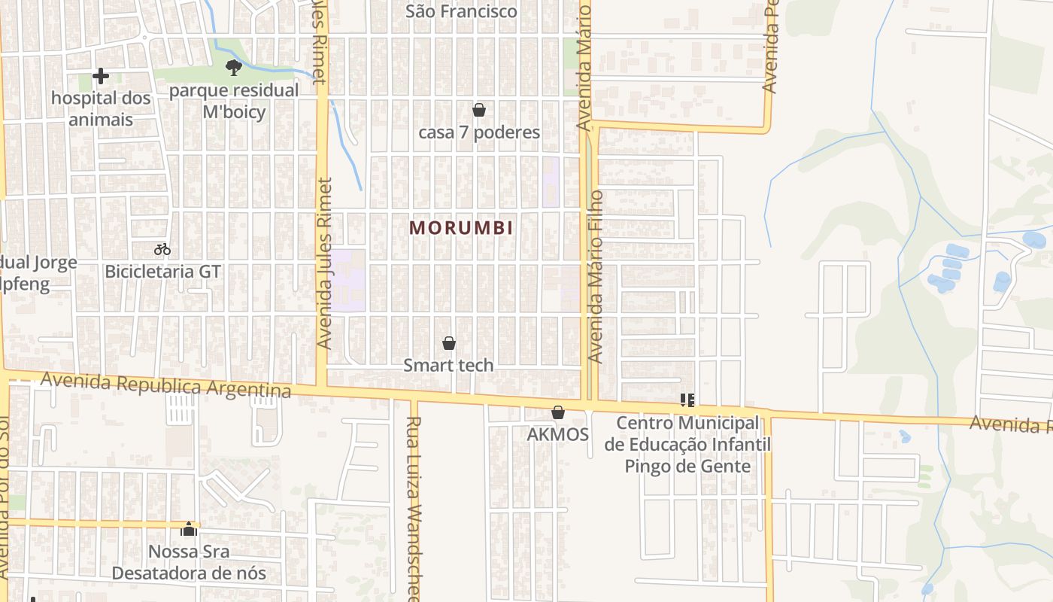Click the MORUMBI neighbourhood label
462,228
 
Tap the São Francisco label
461,11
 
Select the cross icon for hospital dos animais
100,76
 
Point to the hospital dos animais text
101,108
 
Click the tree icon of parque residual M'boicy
234,68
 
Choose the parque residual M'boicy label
234,101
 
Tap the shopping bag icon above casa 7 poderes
479,110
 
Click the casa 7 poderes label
479,132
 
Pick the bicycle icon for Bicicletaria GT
162,249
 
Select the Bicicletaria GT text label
162,271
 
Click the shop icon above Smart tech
449,343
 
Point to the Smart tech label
449,365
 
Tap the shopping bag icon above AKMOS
558,412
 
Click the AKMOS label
558,434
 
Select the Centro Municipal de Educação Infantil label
687,445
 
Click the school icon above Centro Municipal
687,400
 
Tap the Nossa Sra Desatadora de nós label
189,562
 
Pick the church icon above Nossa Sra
189,529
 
